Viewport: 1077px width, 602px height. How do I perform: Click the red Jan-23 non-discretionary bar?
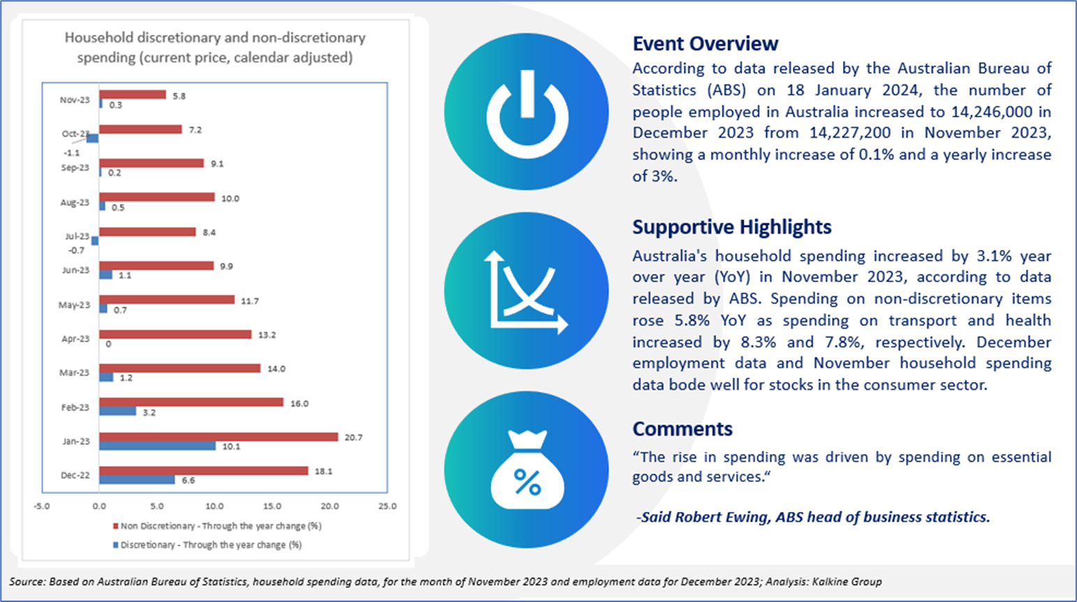click(x=218, y=437)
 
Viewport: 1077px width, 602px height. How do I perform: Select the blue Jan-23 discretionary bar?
click(x=157, y=446)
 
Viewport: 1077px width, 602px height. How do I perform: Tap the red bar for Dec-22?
click(x=203, y=471)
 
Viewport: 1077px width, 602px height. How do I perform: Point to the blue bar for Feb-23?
click(x=117, y=411)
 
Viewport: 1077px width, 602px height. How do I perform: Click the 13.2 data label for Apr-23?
click(x=267, y=335)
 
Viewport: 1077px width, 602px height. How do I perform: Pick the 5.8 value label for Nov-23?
click(x=179, y=96)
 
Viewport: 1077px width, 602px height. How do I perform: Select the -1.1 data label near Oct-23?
click(x=71, y=152)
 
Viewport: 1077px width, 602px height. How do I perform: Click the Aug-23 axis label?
click(x=75, y=203)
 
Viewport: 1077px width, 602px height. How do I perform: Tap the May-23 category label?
click(x=74, y=305)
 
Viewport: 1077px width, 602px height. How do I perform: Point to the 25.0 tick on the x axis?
click(x=387, y=506)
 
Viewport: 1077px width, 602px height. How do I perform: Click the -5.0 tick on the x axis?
click(x=42, y=506)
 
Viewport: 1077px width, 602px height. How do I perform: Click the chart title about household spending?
click(x=215, y=47)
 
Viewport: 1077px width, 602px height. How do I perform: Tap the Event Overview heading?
click(x=705, y=43)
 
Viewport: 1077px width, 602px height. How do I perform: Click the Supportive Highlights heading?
click(x=731, y=227)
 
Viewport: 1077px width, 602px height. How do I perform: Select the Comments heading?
click(x=682, y=429)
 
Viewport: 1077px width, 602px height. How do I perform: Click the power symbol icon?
click(x=527, y=112)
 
